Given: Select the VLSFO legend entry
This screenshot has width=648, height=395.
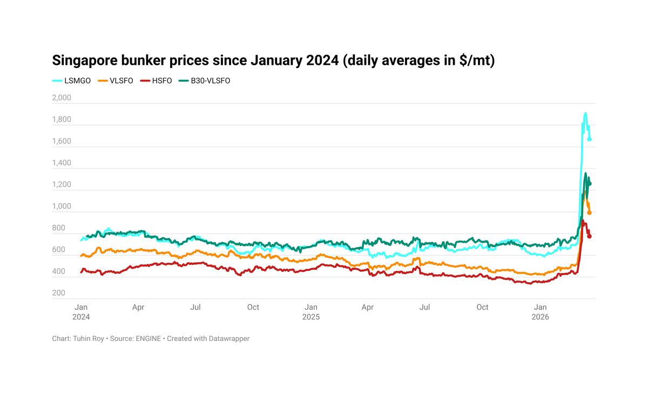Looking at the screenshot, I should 121,81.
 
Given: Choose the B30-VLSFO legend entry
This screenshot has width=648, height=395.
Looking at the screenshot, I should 210,81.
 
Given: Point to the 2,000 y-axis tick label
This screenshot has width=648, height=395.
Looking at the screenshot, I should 62,98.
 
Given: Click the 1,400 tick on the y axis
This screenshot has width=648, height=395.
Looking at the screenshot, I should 62,163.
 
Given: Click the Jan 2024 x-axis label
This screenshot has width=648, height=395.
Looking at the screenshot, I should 81,312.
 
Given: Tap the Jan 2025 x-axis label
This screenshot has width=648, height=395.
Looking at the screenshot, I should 311,312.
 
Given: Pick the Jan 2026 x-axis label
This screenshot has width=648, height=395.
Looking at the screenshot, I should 541,312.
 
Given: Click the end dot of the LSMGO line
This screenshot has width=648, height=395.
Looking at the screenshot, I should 590,139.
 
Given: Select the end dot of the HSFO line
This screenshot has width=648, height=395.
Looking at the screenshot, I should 590,236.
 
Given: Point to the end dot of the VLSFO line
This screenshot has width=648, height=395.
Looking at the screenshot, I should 590,213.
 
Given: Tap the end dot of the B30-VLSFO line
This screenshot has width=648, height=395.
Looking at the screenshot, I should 590,184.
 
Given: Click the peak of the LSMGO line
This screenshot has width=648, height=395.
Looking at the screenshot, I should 585,113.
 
